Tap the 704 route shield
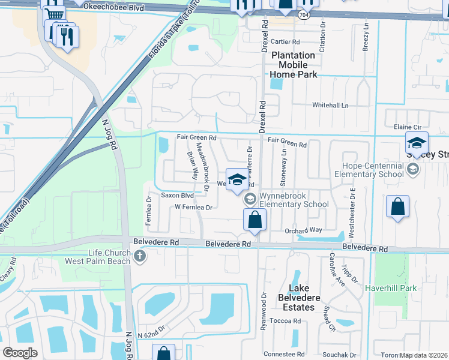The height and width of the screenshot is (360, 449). coord(306,14)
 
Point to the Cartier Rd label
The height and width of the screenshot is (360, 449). coord(285,42)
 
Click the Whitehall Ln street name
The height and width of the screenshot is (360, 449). coord(330,105)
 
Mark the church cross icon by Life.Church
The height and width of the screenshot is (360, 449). coord(140,257)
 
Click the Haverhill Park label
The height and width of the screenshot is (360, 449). coord(391,288)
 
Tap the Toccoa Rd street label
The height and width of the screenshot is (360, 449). coord(285,321)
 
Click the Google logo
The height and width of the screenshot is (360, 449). coord(20,352)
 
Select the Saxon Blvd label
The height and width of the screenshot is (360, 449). coord(177,196)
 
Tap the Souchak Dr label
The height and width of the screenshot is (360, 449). coord(339,355)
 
